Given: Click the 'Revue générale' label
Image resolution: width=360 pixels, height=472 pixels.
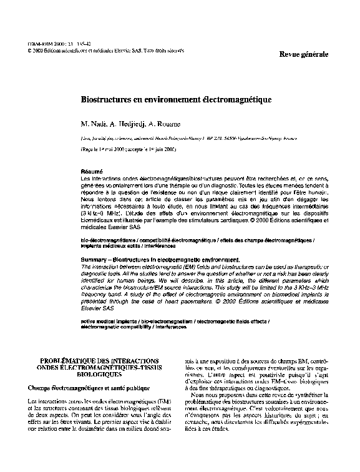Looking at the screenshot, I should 304,55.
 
